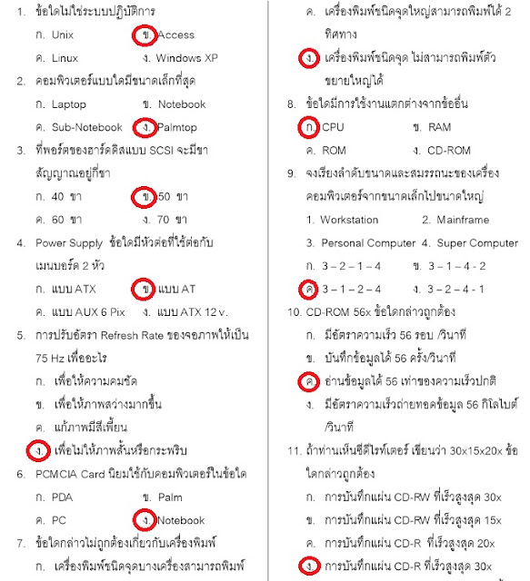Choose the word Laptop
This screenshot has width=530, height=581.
[x=70, y=104]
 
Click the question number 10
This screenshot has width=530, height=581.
[x=293, y=312]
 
